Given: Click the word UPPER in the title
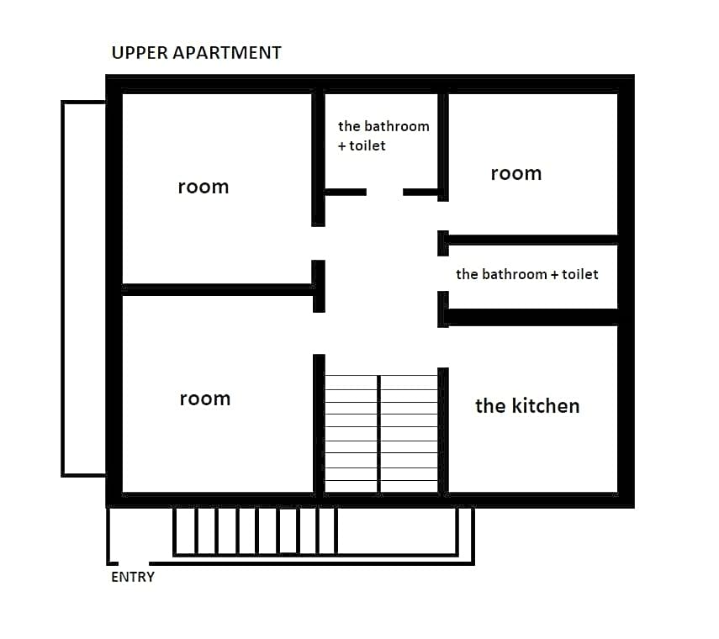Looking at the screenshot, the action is point(140,53).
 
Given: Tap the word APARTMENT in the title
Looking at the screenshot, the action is point(227,53).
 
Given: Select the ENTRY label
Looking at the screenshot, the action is point(133,577).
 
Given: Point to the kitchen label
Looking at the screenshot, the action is point(527,406).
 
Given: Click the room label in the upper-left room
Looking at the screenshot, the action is point(204,187).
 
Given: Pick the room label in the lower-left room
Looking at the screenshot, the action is point(205,399).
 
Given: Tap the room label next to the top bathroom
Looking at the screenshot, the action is point(515,174).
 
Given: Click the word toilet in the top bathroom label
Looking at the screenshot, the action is point(367,145).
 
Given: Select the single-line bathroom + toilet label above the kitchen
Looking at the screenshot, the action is point(527,274).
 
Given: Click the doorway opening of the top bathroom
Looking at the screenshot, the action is point(384,192).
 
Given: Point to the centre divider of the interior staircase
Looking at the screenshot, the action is point(378,435).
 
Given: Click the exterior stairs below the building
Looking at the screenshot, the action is point(256,531).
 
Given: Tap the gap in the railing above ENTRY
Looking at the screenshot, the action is point(134,563).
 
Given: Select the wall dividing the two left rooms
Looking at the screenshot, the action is point(219,290).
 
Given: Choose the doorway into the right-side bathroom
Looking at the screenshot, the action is point(443,273).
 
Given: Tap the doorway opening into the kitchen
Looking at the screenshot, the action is point(443,347).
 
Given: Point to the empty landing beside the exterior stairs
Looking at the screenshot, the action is point(397,531).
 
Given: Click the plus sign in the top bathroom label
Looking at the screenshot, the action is point(342,146).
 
